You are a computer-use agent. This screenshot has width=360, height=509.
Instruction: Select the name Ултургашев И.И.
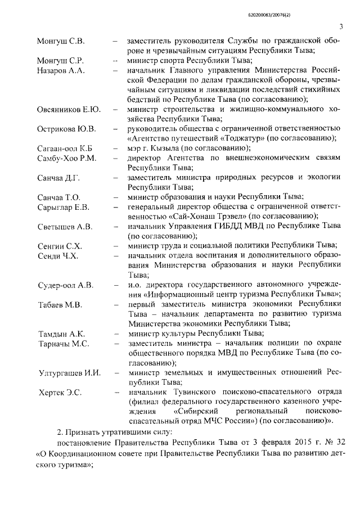(69, 373)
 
